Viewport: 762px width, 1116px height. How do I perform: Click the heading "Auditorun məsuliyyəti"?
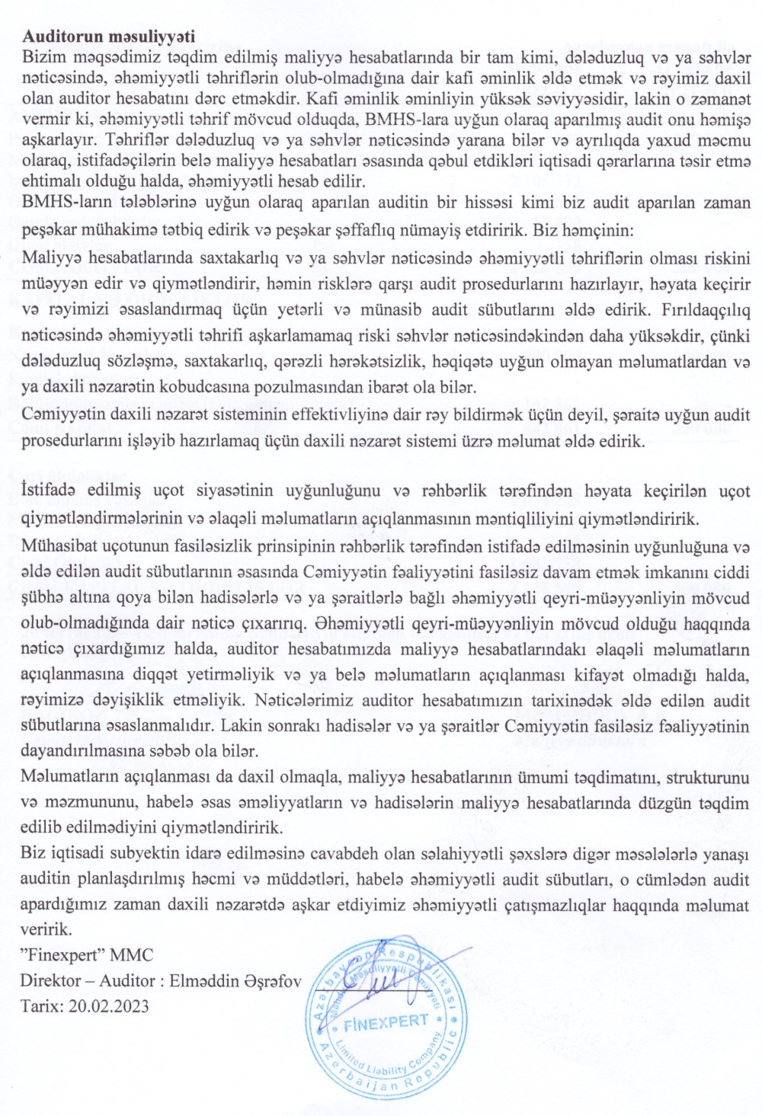click(108, 36)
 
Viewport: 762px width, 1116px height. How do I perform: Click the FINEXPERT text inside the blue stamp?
click(386, 1023)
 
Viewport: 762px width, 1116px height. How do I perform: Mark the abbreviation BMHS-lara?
click(401, 118)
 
